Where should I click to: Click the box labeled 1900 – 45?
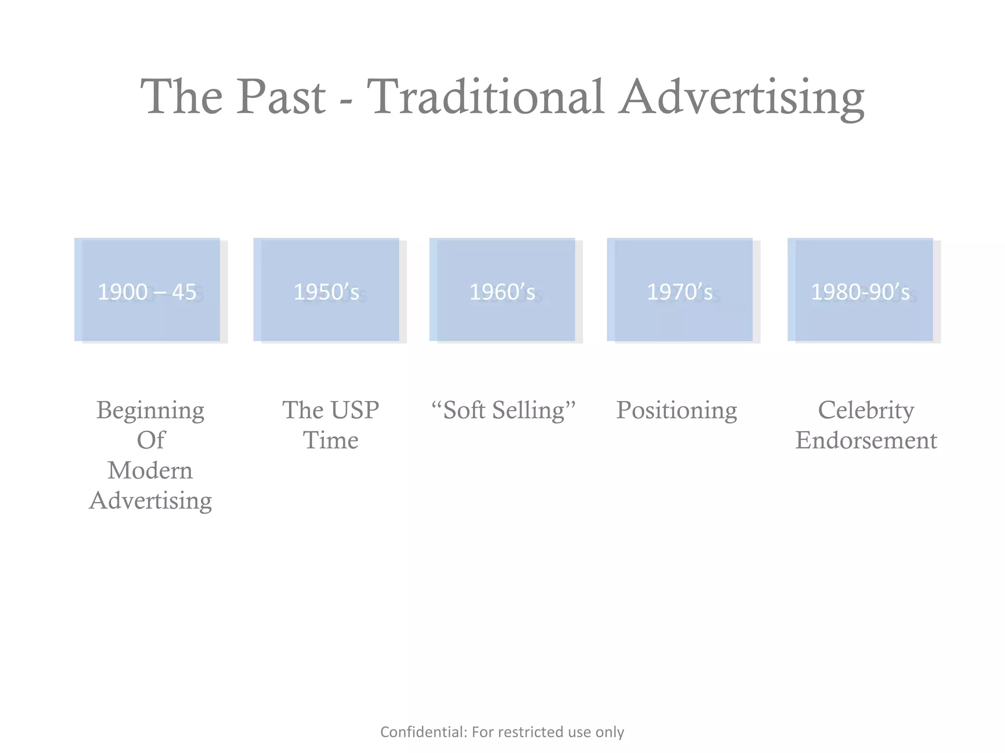pos(147,290)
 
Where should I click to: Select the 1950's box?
pos(326,290)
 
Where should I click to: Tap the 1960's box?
pos(502,290)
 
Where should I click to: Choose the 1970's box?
pos(680,290)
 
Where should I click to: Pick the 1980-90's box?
pos(860,290)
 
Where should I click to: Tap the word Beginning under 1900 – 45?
pos(150,411)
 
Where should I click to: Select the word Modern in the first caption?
pos(150,471)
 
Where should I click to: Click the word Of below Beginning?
pos(151,440)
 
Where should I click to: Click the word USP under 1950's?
pos(354,410)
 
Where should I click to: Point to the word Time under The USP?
pos(330,440)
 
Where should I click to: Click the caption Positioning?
pos(676,411)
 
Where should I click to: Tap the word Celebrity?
pos(866,410)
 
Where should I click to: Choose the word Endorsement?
pos(866,440)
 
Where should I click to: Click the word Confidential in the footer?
pos(423,732)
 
